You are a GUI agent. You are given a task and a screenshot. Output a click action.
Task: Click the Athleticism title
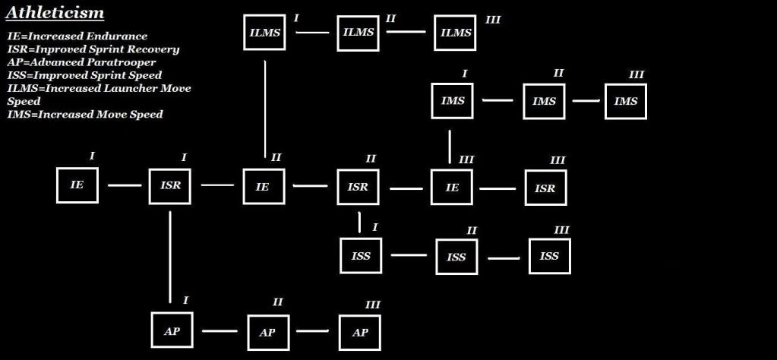(55, 13)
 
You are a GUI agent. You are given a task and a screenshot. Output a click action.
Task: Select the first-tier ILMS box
(264, 33)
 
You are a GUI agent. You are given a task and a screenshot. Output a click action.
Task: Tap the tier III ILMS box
(456, 33)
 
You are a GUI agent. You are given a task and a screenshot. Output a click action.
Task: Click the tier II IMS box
(544, 101)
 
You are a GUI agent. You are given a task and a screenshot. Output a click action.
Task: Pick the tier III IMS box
(626, 101)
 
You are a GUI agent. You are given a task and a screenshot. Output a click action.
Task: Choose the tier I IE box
(77, 185)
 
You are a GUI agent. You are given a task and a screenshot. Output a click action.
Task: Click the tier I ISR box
(170, 185)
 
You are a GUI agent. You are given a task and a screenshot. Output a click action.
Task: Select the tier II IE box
(263, 187)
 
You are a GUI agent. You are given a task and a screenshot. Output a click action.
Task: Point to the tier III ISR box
(545, 188)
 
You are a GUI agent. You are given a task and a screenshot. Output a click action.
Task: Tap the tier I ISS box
(362, 256)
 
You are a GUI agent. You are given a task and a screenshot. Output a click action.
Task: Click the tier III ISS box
(549, 256)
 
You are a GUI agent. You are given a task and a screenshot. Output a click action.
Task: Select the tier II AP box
(267, 333)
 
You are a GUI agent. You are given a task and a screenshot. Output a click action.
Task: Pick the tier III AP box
(360, 333)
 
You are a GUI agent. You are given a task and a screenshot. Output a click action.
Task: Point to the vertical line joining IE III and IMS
(450, 147)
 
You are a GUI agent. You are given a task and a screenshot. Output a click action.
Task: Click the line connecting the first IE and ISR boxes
(125, 185)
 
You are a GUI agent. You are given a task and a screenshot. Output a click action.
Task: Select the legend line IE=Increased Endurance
(77, 36)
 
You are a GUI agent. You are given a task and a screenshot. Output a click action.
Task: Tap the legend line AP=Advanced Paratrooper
(81, 62)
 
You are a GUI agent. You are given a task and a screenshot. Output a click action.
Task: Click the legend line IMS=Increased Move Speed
(85, 115)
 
